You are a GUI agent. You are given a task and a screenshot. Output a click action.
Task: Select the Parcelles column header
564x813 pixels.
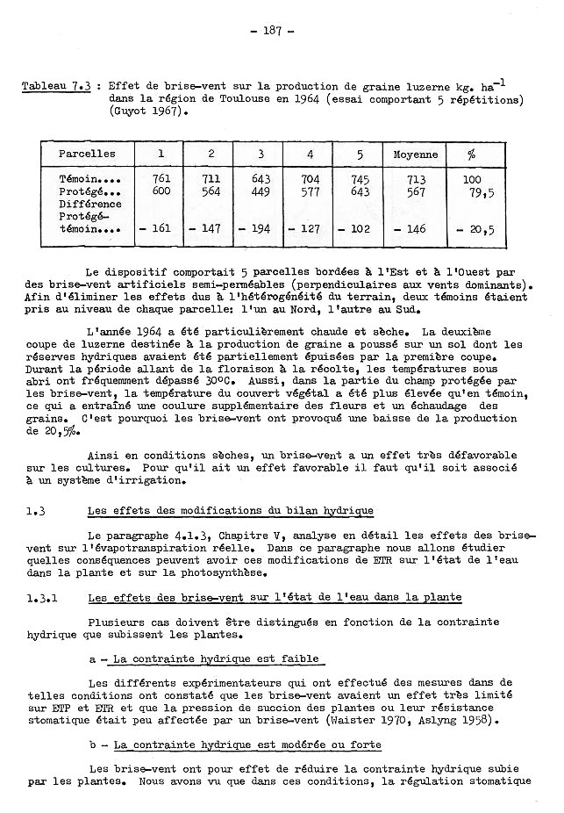coord(86,154)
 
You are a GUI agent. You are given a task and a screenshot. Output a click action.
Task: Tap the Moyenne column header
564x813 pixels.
coord(415,154)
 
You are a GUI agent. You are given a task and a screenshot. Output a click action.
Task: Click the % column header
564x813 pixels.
coord(472,154)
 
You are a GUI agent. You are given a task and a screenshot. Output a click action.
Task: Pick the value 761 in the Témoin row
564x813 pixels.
coord(161,179)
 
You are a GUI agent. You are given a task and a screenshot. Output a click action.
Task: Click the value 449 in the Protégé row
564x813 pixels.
coord(261,191)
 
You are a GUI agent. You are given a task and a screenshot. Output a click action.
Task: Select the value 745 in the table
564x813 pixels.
coord(361,179)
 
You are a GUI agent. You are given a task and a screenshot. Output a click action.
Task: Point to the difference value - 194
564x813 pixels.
coord(257,229)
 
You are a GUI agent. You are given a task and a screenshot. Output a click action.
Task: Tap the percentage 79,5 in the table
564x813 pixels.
coord(481,192)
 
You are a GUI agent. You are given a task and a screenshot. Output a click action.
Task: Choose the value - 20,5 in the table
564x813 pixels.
coord(476,229)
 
